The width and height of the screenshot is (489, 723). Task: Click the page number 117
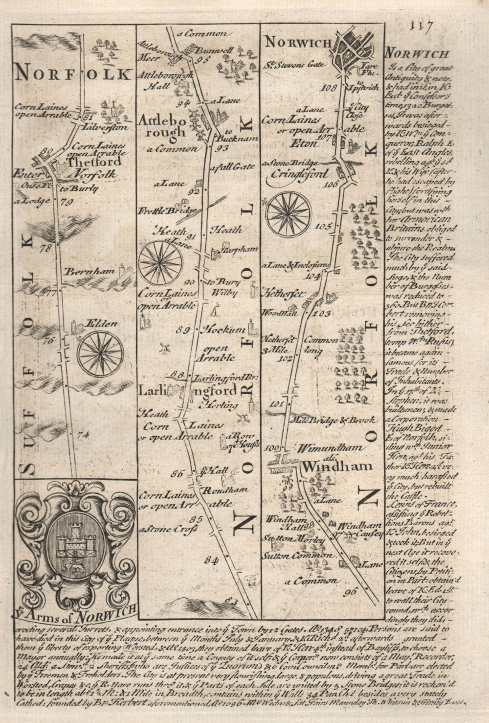click(x=421, y=25)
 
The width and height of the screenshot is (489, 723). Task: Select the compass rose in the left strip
click(x=100, y=351)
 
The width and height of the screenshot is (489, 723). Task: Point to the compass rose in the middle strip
click(x=161, y=262)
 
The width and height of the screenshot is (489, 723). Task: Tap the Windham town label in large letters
click(x=337, y=466)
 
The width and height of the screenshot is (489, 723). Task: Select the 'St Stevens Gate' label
click(x=289, y=64)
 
